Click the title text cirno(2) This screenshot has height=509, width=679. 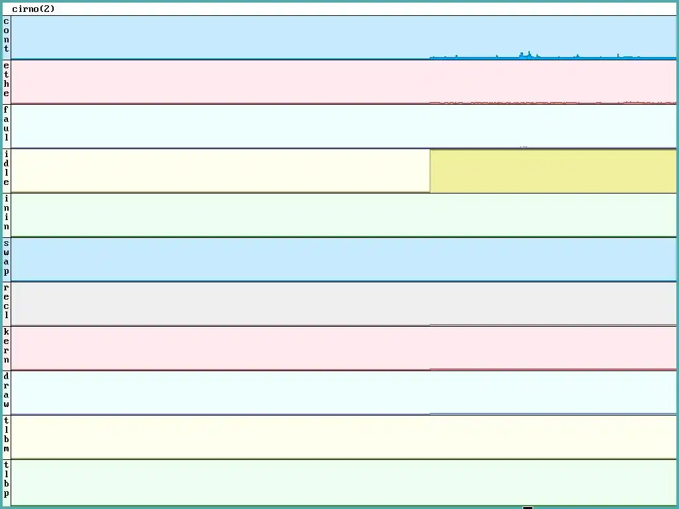click(33, 9)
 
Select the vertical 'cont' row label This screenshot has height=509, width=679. click(7, 35)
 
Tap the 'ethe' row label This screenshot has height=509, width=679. click(7, 80)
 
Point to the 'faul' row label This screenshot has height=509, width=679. click(7, 124)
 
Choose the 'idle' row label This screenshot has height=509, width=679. click(7, 168)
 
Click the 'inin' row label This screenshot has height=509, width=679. click(7, 213)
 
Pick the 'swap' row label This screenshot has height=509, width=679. click(7, 257)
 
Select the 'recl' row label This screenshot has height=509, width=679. click(7, 302)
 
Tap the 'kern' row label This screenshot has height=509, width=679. click(7, 346)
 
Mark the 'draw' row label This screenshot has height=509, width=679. click(7, 390)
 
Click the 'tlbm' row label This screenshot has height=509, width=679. click(7, 435)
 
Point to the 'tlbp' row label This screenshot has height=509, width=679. click(7, 479)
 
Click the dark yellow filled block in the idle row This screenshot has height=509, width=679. click(552, 171)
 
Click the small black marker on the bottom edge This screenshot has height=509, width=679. click(528, 507)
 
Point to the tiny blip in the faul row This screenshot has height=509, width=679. click(524, 146)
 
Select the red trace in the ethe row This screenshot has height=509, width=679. click(530, 103)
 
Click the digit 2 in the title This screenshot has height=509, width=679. click(46, 9)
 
